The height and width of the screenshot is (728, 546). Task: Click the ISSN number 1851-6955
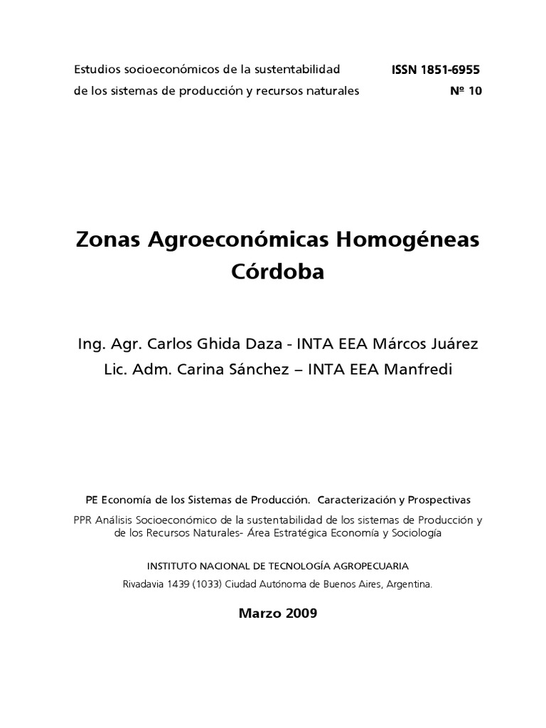[x=451, y=70]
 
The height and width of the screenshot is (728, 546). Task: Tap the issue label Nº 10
[x=466, y=91]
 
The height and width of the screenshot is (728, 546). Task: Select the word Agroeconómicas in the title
[x=237, y=240]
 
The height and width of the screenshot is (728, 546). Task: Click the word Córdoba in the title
[x=277, y=272]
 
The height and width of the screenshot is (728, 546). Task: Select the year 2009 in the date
[x=299, y=614]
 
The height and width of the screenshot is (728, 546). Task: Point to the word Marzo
[x=258, y=614]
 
